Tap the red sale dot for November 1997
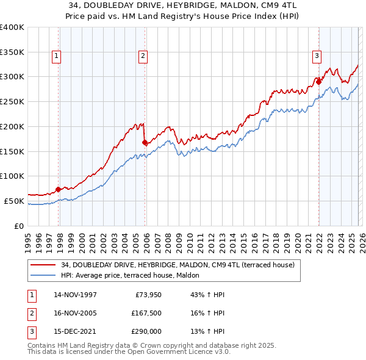(59, 189)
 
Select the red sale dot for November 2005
(145, 142)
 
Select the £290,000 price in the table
(146, 332)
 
